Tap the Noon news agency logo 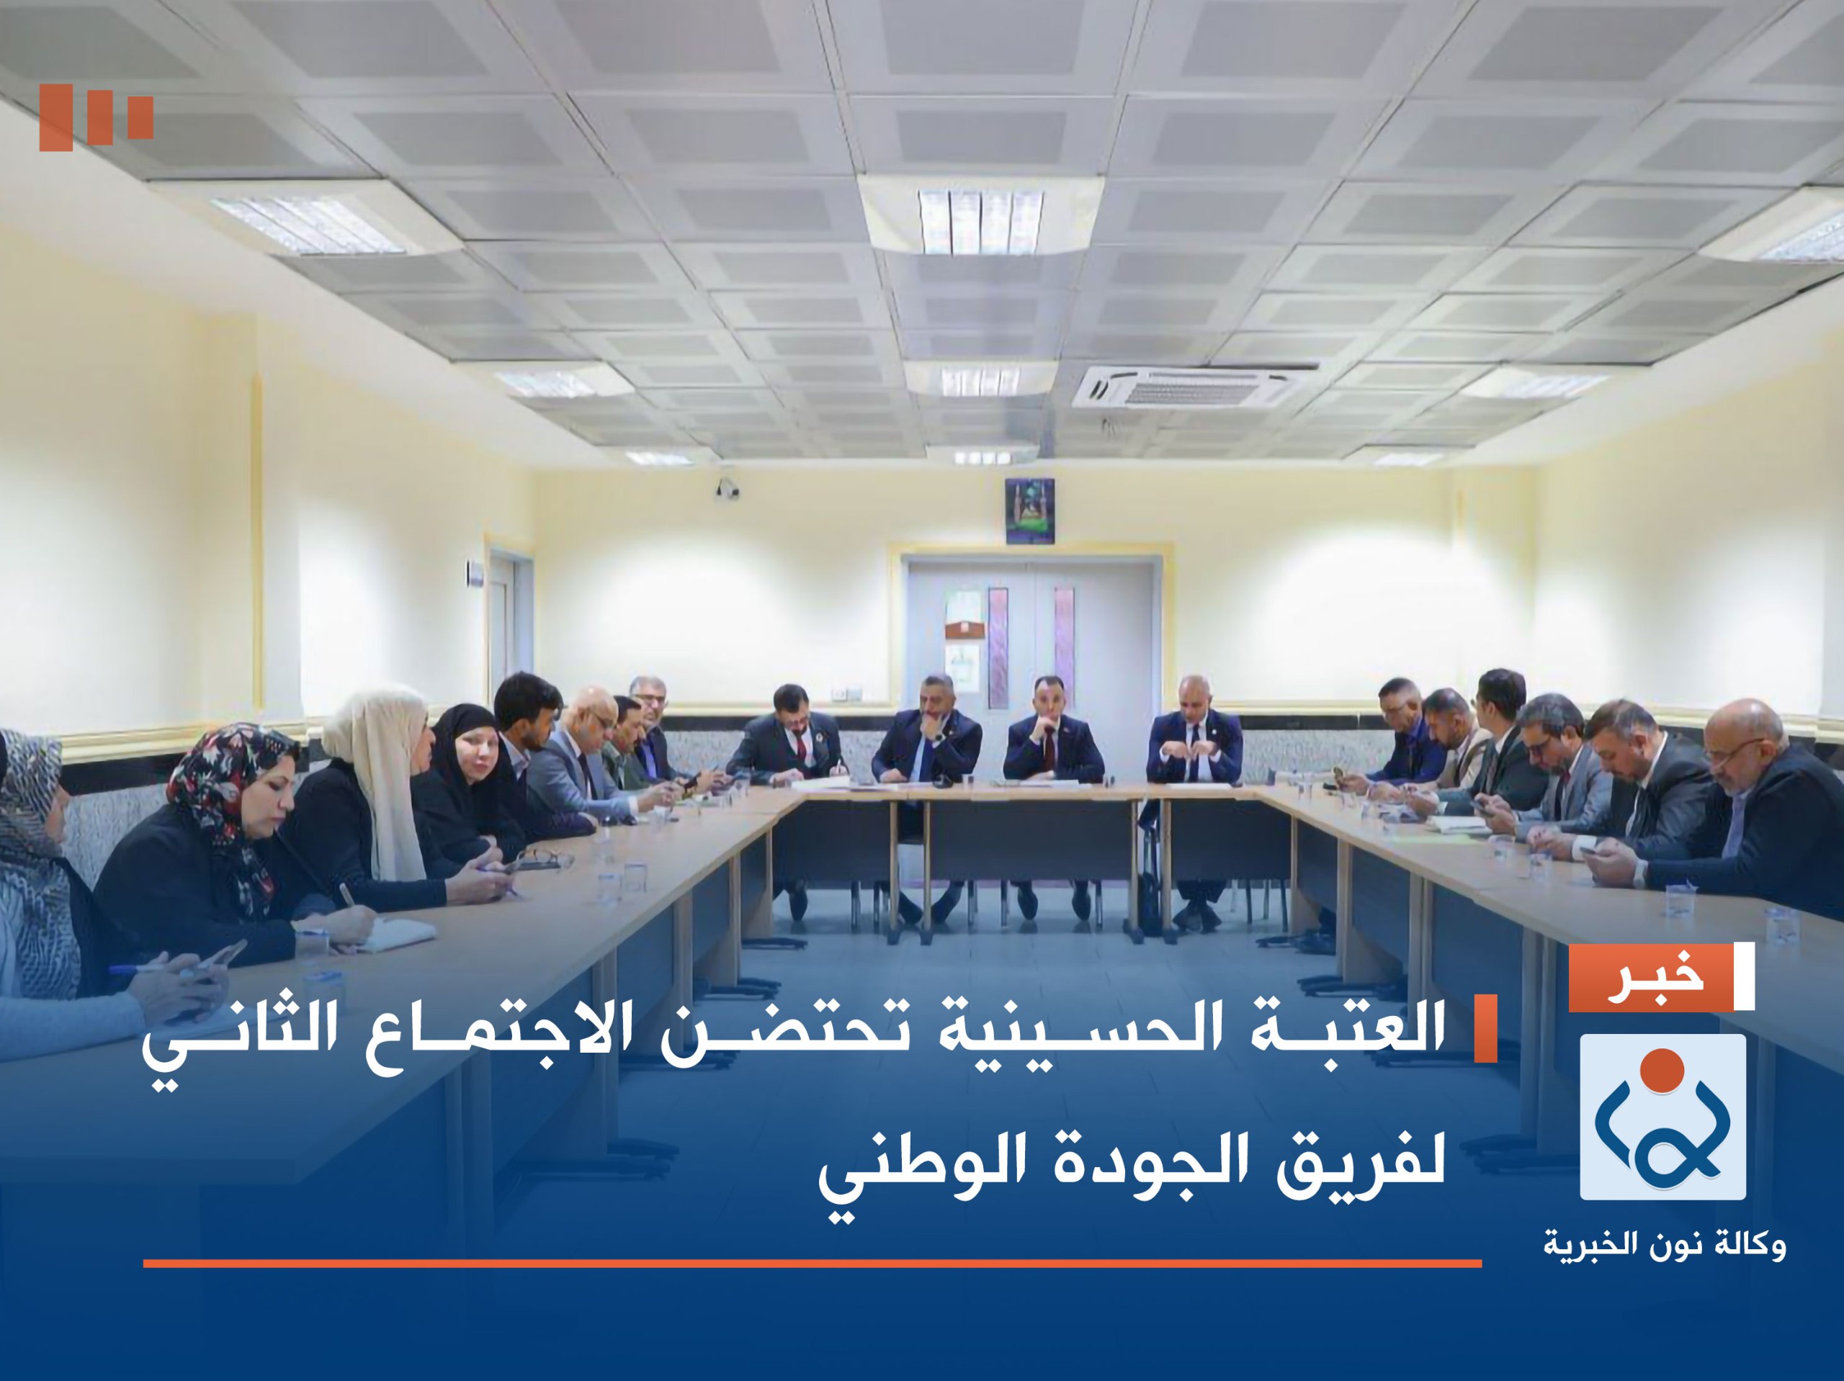1662,1117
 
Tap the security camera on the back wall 727,487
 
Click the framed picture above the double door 1029,511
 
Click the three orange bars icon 96,117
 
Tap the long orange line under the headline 812,1264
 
